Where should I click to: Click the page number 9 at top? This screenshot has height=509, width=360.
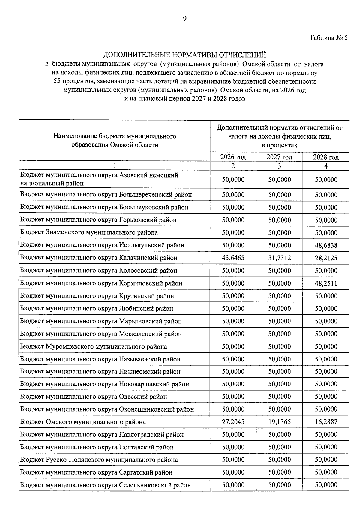point(184,19)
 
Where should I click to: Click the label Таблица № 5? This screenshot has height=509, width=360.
point(328,38)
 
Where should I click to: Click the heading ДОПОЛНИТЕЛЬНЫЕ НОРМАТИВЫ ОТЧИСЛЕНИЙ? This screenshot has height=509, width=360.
point(184,55)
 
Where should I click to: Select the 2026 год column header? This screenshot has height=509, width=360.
point(233,157)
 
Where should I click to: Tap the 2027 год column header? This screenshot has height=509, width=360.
point(279,157)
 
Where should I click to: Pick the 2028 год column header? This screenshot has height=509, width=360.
point(326,157)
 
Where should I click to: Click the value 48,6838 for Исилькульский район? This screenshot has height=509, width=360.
point(326,245)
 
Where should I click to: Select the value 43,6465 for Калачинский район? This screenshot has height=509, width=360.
point(233,258)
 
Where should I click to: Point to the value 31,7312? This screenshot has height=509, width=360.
point(280,258)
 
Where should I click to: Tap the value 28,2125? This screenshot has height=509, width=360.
point(326,258)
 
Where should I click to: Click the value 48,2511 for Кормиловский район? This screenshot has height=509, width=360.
point(326,283)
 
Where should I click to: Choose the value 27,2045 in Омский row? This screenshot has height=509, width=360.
point(233,422)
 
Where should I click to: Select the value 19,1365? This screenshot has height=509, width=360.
point(280,422)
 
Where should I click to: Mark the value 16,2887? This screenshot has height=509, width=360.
point(326,422)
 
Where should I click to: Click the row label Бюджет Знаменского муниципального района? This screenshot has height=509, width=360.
point(89,232)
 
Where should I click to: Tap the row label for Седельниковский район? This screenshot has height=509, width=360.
point(105,485)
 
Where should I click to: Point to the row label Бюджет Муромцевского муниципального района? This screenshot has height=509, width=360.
point(94,346)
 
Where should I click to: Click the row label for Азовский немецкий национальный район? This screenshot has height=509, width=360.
point(99,179)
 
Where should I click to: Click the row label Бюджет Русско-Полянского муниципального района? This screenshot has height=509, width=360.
point(99,460)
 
